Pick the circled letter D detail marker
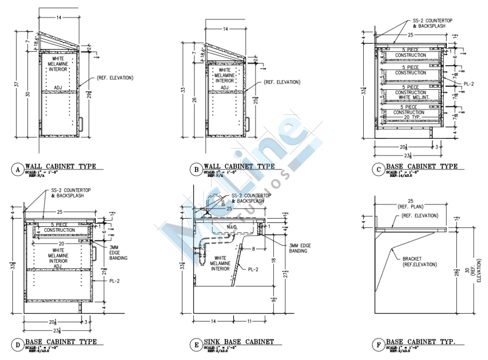point(18,345)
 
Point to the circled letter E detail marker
point(196,345)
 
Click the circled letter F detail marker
point(378,345)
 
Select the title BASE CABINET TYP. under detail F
point(420,342)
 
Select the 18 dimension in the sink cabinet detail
point(273,260)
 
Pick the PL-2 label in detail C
point(468,84)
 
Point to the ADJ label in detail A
point(58,88)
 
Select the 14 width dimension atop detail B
point(225,29)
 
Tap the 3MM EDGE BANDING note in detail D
point(118,252)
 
